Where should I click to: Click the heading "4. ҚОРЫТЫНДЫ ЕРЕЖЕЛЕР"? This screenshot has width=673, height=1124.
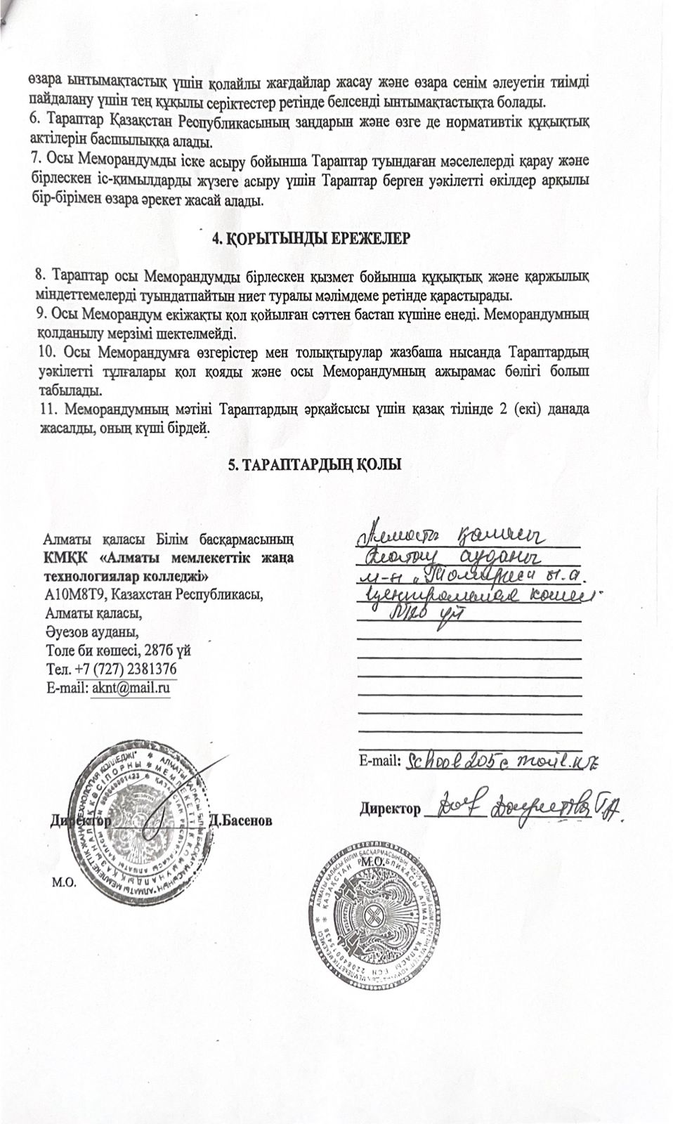(x=311, y=237)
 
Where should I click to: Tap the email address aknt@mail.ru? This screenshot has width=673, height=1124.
(x=131, y=687)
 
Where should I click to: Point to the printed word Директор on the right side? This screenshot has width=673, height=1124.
(x=389, y=809)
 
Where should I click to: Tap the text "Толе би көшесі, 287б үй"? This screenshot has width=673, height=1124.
(x=117, y=650)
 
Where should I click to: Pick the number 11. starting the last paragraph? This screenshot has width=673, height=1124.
(x=44, y=410)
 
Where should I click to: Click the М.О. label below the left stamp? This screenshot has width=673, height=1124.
(x=63, y=883)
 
